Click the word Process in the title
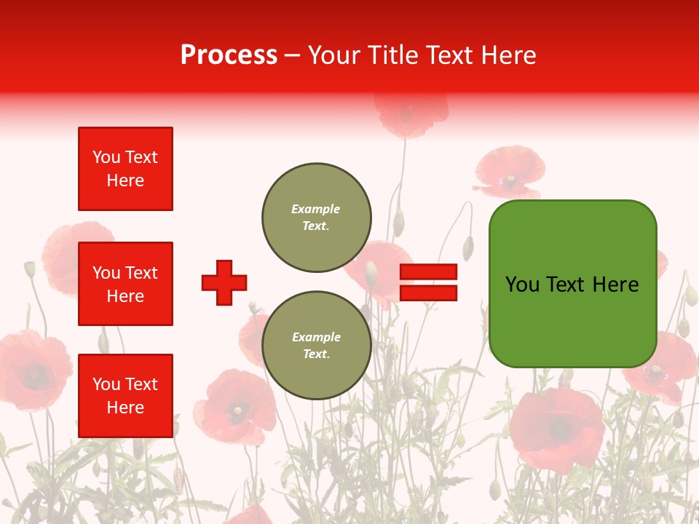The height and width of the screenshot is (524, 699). [229, 55]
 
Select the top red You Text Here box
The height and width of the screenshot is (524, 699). [125, 169]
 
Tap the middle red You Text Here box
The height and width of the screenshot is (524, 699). [125, 284]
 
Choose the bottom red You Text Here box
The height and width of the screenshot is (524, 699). [125, 396]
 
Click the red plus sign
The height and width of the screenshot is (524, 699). [224, 282]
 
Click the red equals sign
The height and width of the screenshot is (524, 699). [428, 282]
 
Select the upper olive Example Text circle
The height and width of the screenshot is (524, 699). [317, 218]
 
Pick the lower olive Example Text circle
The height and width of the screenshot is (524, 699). [317, 346]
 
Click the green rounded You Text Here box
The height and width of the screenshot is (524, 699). [572, 284]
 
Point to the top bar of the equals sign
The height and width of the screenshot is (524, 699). [428, 272]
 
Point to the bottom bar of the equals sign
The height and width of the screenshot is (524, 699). [428, 293]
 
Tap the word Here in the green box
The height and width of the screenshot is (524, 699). [615, 285]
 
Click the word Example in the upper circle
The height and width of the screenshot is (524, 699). [315, 210]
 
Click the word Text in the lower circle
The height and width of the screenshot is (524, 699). [316, 354]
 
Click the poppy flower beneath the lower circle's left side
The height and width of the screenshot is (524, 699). [234, 408]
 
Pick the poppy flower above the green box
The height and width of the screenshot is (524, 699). [510, 172]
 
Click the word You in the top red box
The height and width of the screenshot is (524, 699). [106, 157]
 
